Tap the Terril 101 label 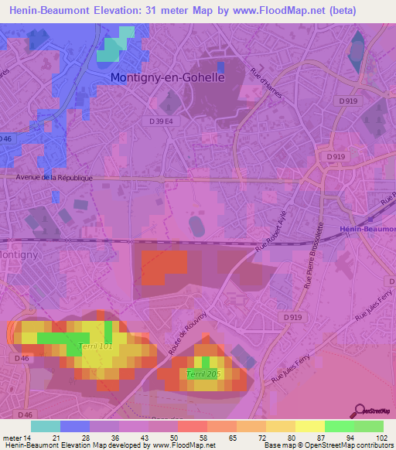96,346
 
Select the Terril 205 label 203,374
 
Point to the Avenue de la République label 54,177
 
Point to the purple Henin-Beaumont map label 367,229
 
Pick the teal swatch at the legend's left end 45,426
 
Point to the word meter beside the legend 13,438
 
